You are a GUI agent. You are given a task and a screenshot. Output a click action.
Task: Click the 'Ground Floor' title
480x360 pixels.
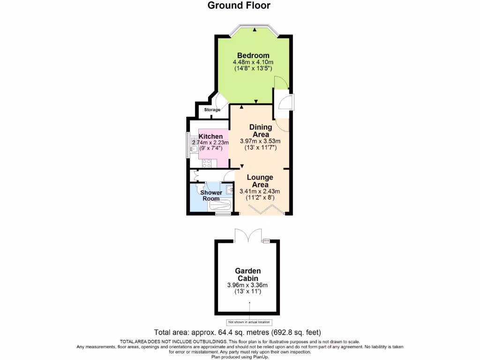tap(239, 6)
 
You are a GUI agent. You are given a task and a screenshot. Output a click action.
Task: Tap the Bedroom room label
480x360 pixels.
tap(253, 55)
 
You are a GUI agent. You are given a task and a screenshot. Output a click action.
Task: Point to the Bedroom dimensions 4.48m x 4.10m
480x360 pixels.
tap(253, 62)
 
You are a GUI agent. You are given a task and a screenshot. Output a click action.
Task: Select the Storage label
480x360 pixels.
tap(212, 110)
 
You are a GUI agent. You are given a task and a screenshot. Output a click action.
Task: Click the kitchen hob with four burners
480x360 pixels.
tap(206, 163)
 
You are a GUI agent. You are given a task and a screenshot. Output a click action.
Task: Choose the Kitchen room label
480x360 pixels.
tap(210, 136)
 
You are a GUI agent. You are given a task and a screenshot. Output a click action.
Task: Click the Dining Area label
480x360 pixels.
tap(260, 131)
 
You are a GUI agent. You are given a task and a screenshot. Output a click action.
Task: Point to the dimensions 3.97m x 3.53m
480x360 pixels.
tap(260, 141)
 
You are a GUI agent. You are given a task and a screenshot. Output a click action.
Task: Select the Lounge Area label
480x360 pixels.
tap(260, 181)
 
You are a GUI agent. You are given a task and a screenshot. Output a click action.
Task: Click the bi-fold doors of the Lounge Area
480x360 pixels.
tap(266, 210)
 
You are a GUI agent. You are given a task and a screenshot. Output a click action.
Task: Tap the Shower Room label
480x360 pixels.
tap(211, 195)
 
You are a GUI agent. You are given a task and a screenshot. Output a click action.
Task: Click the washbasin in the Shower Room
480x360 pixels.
tap(229, 190)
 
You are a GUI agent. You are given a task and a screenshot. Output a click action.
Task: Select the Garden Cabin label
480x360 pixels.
tap(247, 275)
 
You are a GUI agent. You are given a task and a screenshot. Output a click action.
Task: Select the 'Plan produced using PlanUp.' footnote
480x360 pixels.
tap(240, 357)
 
